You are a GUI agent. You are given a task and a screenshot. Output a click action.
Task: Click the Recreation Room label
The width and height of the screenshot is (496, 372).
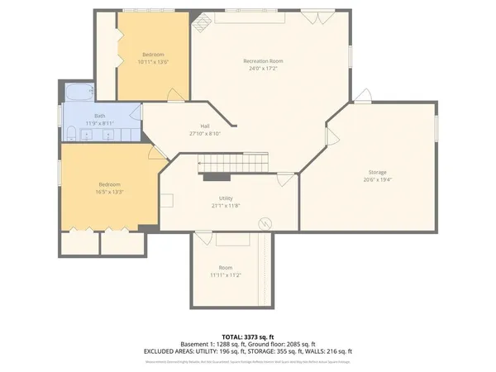[x=263, y=61]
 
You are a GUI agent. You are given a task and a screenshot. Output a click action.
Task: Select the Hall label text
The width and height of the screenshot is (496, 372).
[x=204, y=126]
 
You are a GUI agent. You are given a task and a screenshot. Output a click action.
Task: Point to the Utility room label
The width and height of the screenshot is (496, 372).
[x=226, y=199]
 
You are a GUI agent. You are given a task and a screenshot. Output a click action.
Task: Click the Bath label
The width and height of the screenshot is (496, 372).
[x=99, y=116]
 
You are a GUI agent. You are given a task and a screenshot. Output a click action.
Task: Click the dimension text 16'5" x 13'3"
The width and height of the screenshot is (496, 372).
[x=110, y=191]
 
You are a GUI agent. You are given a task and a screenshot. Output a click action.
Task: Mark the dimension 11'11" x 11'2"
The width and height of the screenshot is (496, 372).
[x=225, y=274]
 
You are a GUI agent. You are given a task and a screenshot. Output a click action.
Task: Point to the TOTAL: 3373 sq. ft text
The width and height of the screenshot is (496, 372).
[x=247, y=336]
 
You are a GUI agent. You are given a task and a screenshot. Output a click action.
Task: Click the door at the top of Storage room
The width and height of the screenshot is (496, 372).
[x=362, y=94]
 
